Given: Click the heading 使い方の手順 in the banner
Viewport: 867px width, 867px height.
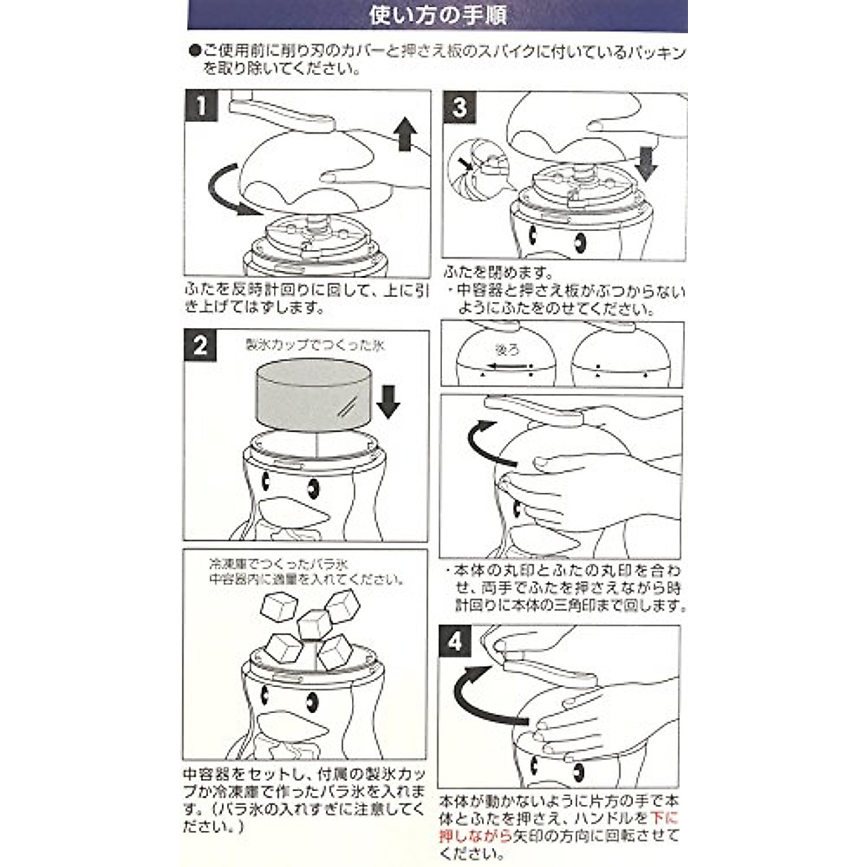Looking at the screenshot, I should pyautogui.click(x=437, y=15).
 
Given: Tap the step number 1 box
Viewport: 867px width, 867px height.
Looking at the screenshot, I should pyautogui.click(x=202, y=107).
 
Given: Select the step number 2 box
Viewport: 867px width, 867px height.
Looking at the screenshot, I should pyautogui.click(x=200, y=345).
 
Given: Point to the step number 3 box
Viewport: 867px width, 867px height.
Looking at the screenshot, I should pyautogui.click(x=460, y=108).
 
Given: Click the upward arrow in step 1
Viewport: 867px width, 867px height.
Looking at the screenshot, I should pyautogui.click(x=405, y=135).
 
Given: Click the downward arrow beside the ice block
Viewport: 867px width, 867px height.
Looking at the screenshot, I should pyautogui.click(x=388, y=401).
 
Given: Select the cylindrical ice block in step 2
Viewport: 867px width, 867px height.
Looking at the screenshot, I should pyautogui.click(x=315, y=397).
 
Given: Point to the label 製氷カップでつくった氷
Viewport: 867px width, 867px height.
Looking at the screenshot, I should pyautogui.click(x=315, y=345).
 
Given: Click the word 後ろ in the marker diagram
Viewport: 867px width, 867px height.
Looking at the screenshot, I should pyautogui.click(x=506, y=350).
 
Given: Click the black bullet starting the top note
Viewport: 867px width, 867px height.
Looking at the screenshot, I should pyautogui.click(x=194, y=53).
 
